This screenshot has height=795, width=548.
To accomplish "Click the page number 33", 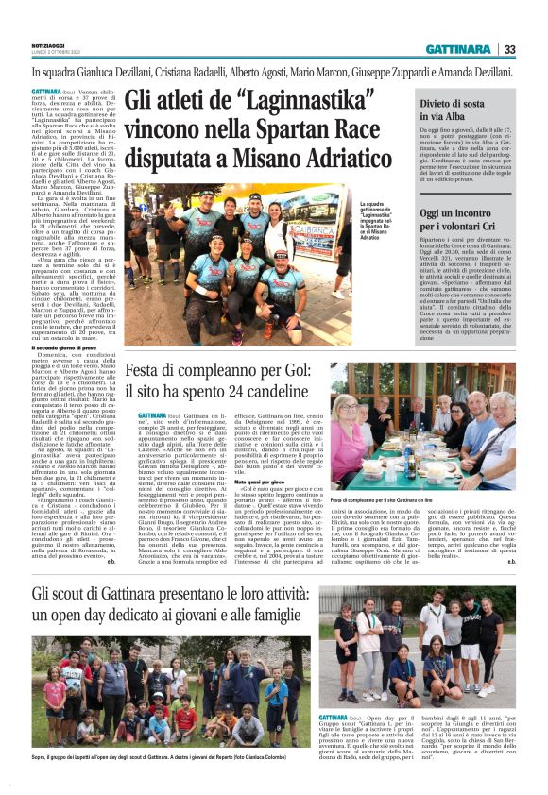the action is click(509, 49).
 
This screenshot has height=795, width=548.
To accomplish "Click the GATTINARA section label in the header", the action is click(457, 49).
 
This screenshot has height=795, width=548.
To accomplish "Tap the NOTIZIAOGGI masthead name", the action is click(53, 46).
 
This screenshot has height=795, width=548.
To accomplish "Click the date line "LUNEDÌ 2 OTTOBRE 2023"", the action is click(53, 54).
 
